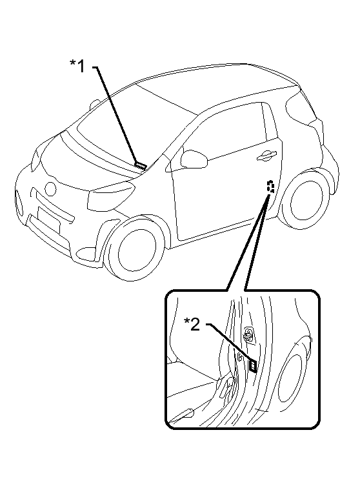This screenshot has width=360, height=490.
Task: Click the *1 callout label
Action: coord(77,66)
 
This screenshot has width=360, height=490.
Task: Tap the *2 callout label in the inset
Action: coord(192,324)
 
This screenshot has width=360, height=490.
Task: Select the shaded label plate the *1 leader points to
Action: coord(141,165)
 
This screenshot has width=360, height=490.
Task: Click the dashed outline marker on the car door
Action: coord(270,186)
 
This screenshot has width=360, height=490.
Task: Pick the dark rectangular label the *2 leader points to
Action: coord(253,365)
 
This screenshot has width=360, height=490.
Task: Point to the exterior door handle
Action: coord(266,156)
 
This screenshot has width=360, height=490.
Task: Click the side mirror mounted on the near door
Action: coord(194,159)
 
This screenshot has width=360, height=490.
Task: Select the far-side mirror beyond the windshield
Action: coord(95,104)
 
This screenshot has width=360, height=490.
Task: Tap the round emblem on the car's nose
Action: coord(50,189)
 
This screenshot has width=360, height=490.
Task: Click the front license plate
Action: coord(48,219)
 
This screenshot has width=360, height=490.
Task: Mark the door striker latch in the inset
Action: coord(249,335)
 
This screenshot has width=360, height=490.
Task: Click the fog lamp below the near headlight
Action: coord(87,252)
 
